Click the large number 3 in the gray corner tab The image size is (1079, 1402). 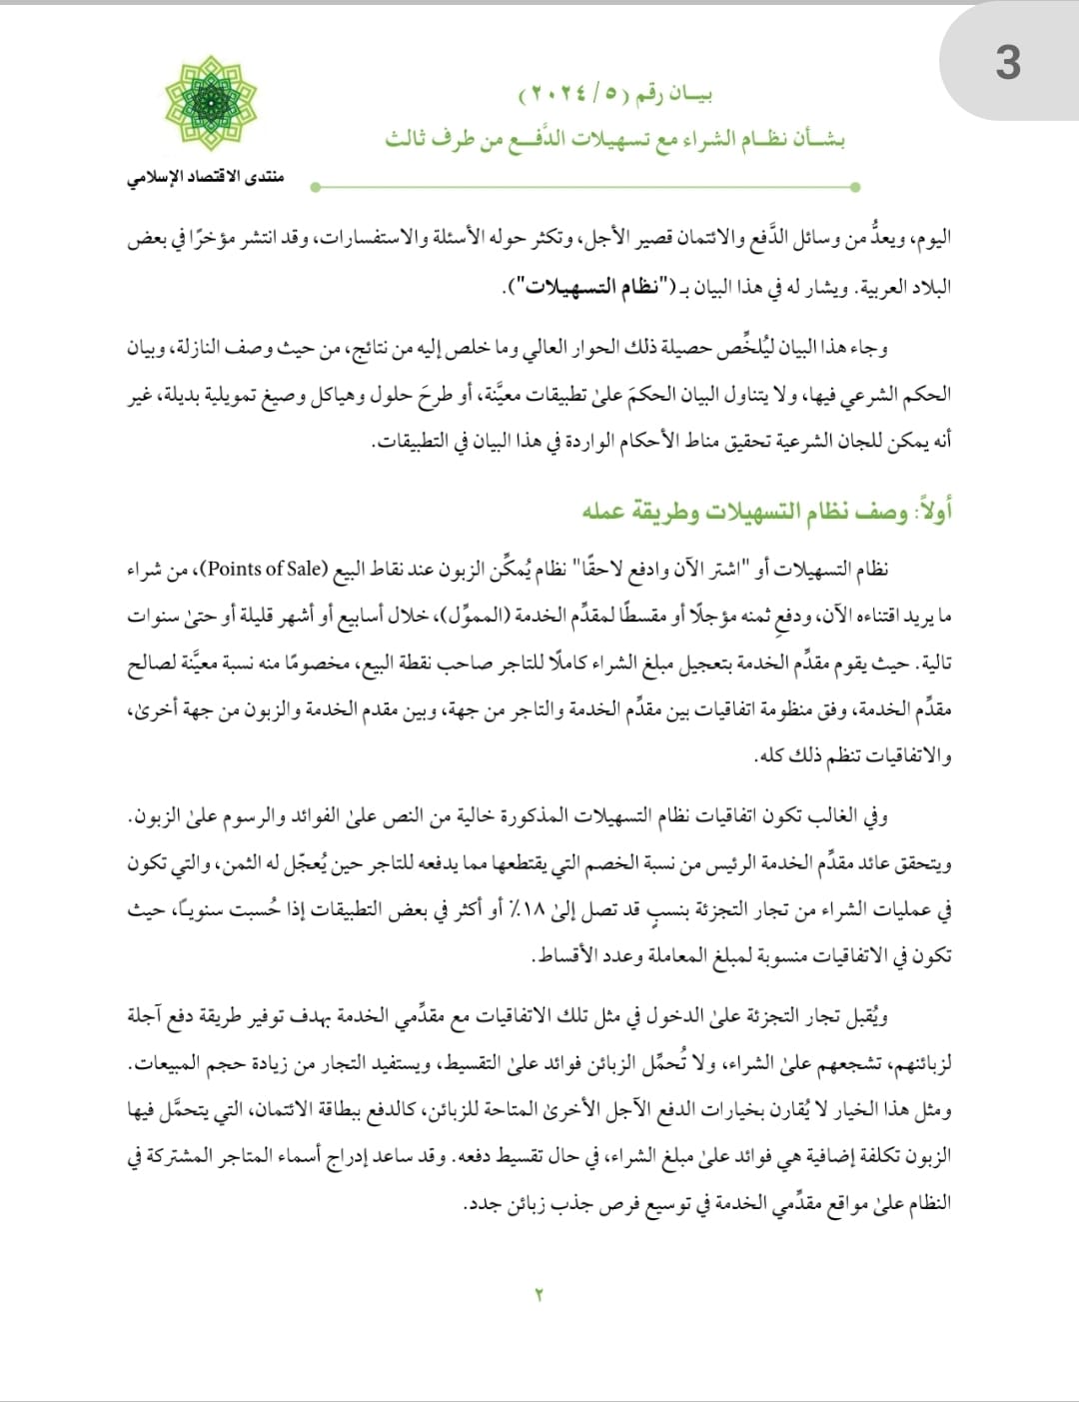coord(1007,63)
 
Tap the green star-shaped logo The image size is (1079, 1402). coord(210,104)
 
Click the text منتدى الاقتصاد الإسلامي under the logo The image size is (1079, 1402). coord(205,178)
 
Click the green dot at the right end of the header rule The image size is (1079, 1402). coord(854,187)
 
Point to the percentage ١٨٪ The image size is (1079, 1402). coord(528,909)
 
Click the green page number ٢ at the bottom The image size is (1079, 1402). coord(539,1295)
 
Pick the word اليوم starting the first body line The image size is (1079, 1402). coord(931,240)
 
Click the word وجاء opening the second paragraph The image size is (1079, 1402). coord(868,349)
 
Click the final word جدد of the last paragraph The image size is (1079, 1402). coord(484,1203)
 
